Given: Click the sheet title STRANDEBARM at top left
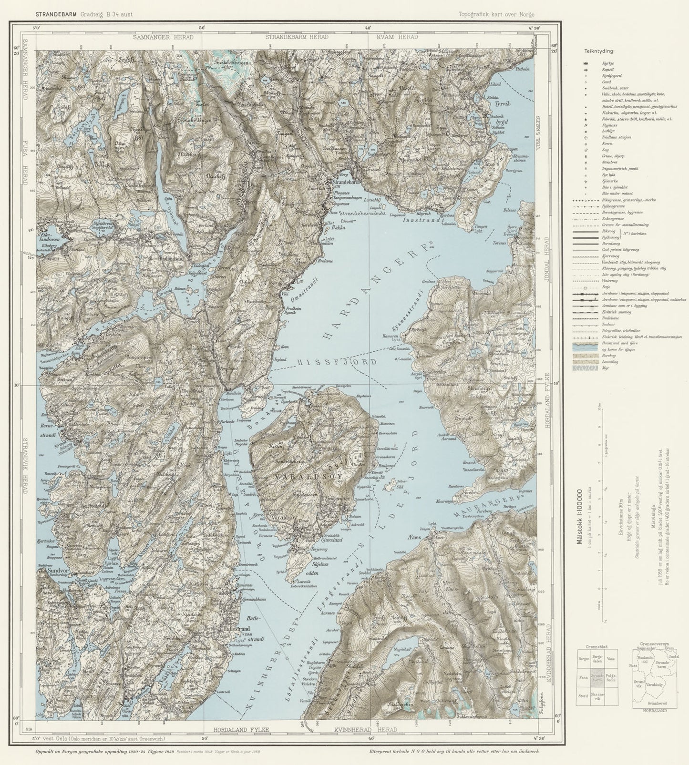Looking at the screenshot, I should [x=54, y=14].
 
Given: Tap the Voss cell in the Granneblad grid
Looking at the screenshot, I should [x=611, y=658].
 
